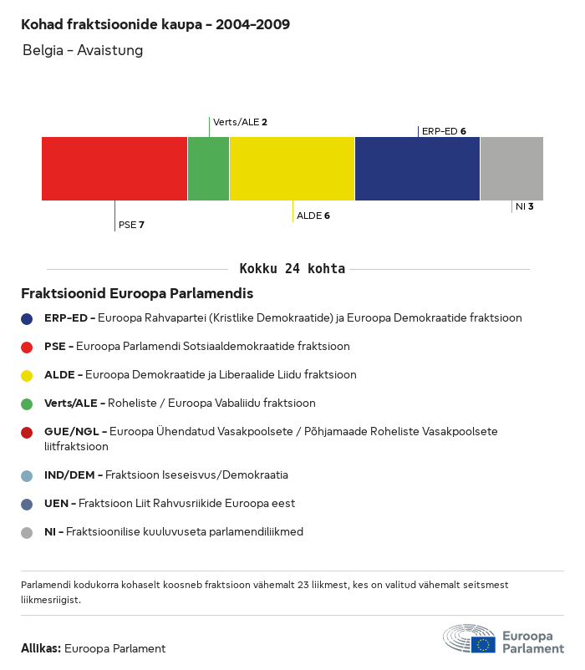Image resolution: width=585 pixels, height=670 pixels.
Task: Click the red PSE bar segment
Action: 114,169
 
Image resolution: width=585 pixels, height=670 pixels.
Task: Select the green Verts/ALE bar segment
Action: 208,169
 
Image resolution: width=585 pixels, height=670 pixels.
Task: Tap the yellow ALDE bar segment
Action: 292,169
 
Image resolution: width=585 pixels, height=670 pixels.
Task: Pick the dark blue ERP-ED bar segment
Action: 417,169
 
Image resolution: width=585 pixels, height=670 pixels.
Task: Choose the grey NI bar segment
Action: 511,169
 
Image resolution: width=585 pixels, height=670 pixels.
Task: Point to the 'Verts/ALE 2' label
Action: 240,122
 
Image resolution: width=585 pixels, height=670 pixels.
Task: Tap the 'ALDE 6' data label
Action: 313,216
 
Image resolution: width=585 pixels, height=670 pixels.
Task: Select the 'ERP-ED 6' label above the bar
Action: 444,131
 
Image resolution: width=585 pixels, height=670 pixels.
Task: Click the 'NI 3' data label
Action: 525,206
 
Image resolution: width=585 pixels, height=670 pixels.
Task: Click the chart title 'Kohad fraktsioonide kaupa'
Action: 155,24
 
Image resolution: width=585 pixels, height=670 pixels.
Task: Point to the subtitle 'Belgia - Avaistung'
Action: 83,50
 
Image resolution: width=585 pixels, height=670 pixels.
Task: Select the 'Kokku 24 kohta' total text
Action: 292,269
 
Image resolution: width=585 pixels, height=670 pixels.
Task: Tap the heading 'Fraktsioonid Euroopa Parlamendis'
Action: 137,294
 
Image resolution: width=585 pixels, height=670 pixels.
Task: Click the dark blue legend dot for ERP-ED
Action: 28,318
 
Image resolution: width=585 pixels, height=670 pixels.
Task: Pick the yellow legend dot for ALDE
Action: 28,375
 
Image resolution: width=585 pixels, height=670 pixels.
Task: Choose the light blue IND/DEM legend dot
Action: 28,475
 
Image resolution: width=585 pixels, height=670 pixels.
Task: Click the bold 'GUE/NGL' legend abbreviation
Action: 74,432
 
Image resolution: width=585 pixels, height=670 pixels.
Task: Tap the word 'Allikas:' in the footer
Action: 41,648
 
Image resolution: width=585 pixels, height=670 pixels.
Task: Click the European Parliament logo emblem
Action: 470,638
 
